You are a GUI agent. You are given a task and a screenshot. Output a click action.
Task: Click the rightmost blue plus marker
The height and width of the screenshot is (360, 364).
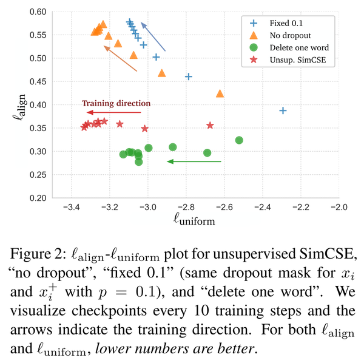(283, 110)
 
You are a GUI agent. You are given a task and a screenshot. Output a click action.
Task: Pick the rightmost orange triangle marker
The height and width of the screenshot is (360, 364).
(220, 93)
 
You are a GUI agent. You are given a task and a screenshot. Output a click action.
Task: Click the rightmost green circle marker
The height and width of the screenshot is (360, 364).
(239, 140)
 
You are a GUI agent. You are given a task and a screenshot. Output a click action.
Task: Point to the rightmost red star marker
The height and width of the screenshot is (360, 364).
(210, 125)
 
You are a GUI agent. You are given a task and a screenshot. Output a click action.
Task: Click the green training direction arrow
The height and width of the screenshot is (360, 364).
(194, 161)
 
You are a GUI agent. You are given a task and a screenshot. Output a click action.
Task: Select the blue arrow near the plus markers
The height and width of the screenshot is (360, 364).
(152, 37)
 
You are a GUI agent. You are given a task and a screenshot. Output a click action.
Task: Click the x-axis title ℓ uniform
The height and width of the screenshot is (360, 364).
(194, 220)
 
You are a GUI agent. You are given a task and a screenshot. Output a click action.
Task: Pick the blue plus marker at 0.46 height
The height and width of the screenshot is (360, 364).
(188, 76)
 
